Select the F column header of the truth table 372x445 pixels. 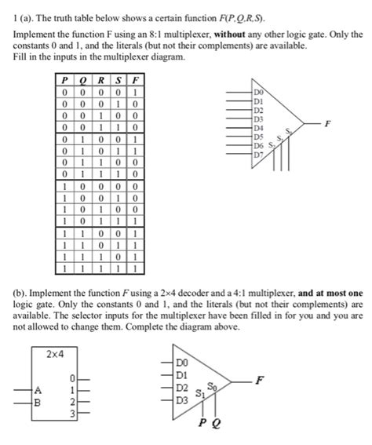tap(135, 78)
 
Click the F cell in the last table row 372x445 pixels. tap(135, 267)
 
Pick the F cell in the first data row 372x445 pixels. tap(135, 91)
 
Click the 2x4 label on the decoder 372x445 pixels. tap(55, 356)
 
